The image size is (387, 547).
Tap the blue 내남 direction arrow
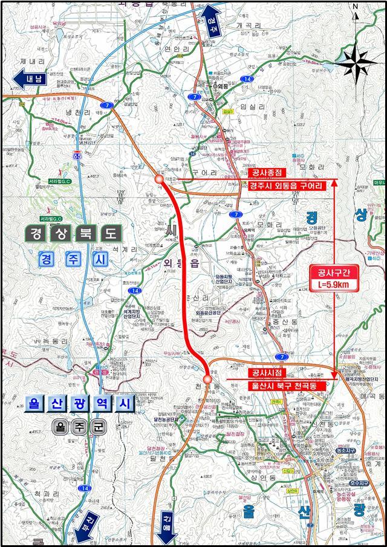tap(27, 79)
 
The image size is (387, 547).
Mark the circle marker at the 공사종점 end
tap(159, 180)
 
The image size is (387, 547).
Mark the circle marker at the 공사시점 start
tap(207, 379)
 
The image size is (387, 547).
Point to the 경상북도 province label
tap(74, 233)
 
